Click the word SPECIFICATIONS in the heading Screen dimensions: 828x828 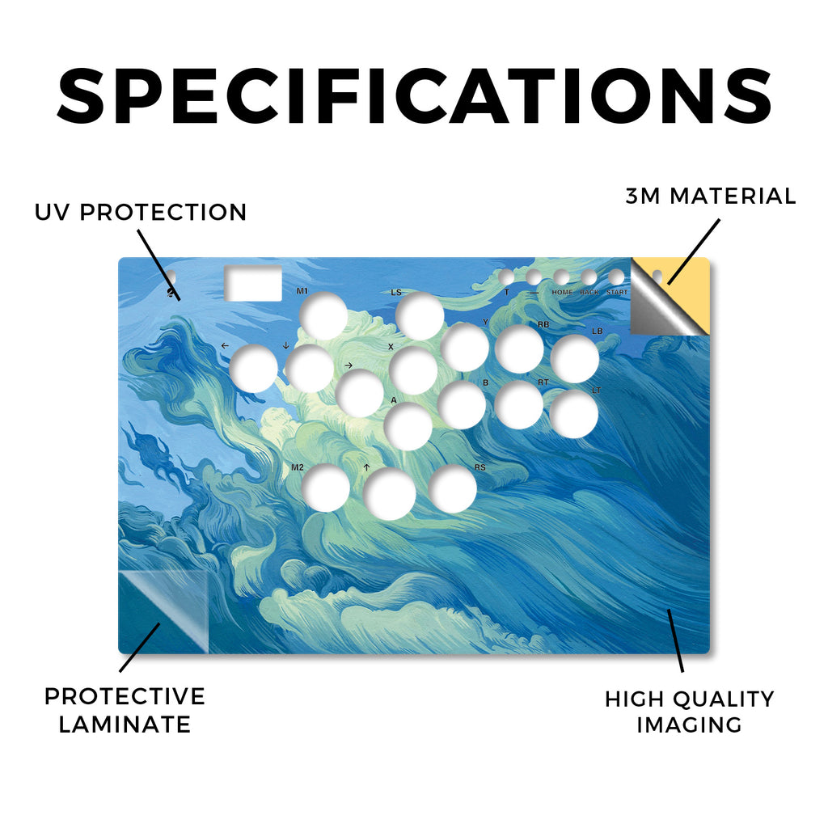tap(414, 96)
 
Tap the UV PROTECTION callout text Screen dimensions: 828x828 tap(141, 213)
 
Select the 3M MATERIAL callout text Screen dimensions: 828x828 tap(710, 196)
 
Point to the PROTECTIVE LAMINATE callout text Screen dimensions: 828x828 tap(125, 710)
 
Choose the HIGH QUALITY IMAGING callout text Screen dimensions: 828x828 tap(689, 712)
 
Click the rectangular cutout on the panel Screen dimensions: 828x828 tap(253, 284)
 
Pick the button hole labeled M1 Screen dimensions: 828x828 tap(323, 316)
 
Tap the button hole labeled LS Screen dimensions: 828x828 tap(420, 316)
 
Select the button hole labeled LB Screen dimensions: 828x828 tap(575, 358)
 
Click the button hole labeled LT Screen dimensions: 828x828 tap(573, 414)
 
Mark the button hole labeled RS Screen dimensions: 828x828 tap(453, 488)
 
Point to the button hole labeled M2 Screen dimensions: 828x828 tap(326, 488)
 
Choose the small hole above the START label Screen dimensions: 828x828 tap(616, 277)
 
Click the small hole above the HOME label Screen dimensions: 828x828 tap(561, 277)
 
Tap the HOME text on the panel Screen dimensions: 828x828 tap(562, 292)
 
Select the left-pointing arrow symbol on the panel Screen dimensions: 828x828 tap(226, 346)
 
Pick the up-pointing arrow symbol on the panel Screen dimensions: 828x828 tap(366, 467)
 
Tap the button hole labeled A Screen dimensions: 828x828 tap(408, 427)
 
